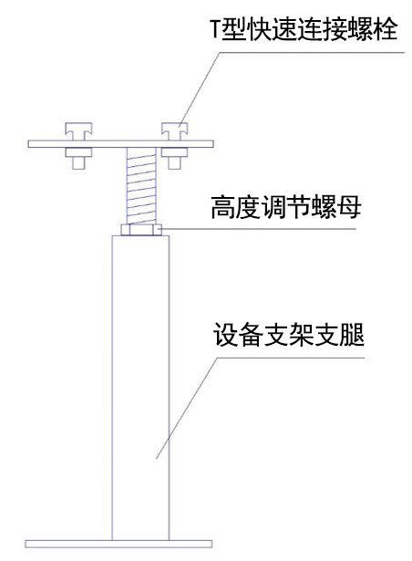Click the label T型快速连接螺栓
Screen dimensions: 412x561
click(x=304, y=29)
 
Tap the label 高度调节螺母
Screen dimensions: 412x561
click(x=285, y=207)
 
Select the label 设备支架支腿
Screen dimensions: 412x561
click(x=289, y=335)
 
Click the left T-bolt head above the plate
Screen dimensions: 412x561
click(x=78, y=131)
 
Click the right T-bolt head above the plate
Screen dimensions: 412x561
click(x=174, y=131)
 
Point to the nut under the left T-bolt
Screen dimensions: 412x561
click(x=78, y=158)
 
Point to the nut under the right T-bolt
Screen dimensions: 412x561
click(x=174, y=158)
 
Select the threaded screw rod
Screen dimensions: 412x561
click(x=141, y=186)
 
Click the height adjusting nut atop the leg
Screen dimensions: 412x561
click(x=141, y=230)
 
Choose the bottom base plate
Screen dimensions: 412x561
click(x=118, y=545)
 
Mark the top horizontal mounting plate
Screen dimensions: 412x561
click(x=121, y=144)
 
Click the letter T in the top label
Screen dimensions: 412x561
click(x=215, y=30)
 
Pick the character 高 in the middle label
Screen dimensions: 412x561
click(x=222, y=207)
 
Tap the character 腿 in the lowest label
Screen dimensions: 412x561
click(x=353, y=336)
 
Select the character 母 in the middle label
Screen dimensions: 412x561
click(x=350, y=207)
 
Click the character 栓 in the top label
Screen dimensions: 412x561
click(x=386, y=30)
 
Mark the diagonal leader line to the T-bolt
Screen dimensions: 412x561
click(x=200, y=88)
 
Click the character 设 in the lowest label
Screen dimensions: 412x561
click(x=225, y=336)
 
